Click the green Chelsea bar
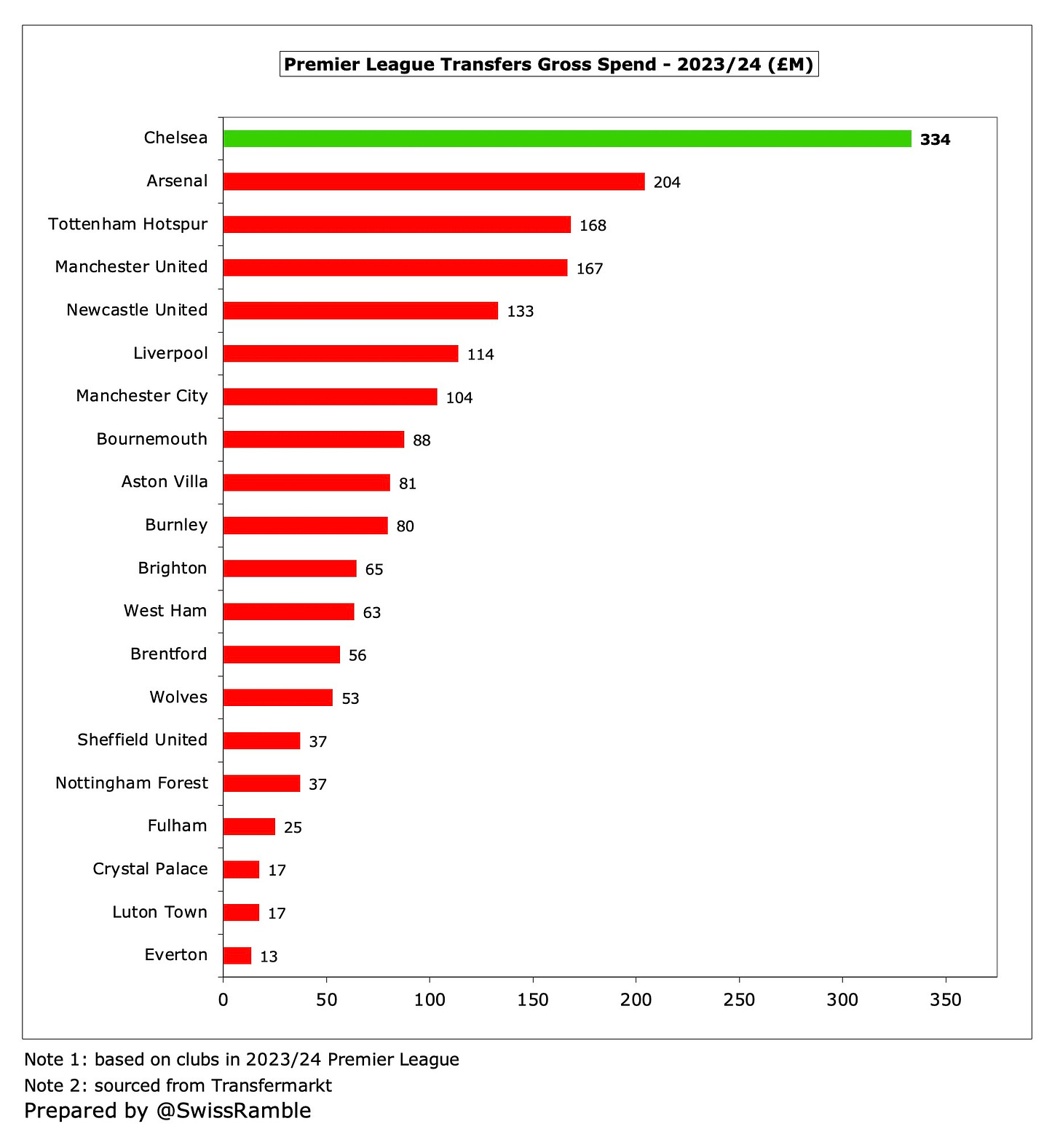(x=566, y=138)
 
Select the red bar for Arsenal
(x=433, y=181)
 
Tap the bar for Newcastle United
(x=360, y=311)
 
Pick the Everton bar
(x=237, y=955)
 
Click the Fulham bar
(x=249, y=826)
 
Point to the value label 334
(x=935, y=140)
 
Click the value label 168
(x=593, y=226)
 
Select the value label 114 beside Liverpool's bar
(x=480, y=354)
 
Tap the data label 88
(x=422, y=440)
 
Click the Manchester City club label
(x=142, y=396)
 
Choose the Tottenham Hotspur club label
(x=128, y=224)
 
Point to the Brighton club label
(x=173, y=568)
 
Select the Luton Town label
(x=159, y=912)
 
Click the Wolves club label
(x=178, y=697)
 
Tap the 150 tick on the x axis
(x=533, y=999)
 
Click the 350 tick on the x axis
(x=946, y=999)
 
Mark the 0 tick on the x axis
(x=224, y=999)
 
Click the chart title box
(x=549, y=64)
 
